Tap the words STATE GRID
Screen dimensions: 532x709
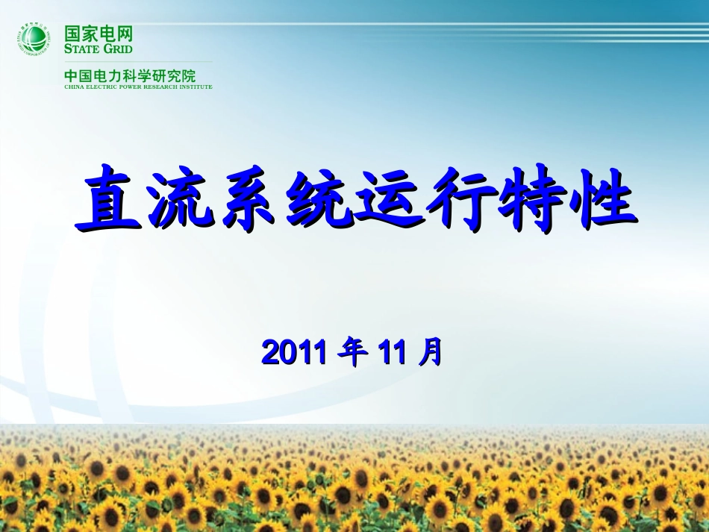(99, 48)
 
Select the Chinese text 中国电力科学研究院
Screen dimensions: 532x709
(130, 75)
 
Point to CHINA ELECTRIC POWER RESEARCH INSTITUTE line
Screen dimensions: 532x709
(138, 87)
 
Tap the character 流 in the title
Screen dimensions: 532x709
(180, 200)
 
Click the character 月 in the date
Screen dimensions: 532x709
(430, 351)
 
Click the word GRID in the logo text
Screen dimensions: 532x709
(119, 48)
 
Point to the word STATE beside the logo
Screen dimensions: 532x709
(83, 48)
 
